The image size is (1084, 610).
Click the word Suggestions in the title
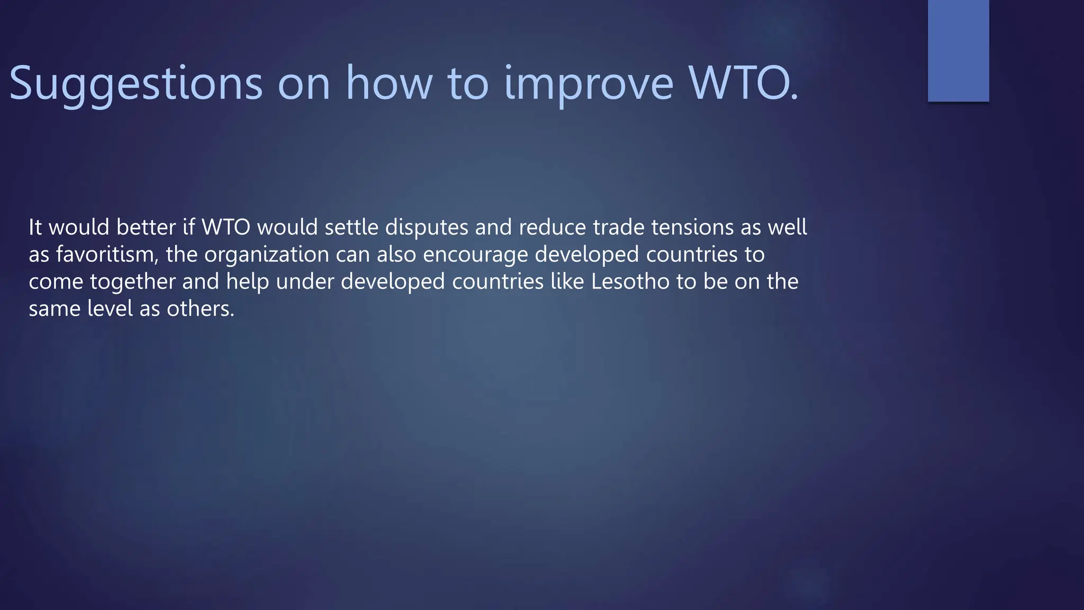[x=135, y=84]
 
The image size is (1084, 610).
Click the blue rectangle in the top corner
[x=958, y=50]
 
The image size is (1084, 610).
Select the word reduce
[x=552, y=227]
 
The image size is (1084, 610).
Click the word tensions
[x=692, y=227]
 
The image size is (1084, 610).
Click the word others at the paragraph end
[x=200, y=309]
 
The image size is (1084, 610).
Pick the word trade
[x=618, y=227]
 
